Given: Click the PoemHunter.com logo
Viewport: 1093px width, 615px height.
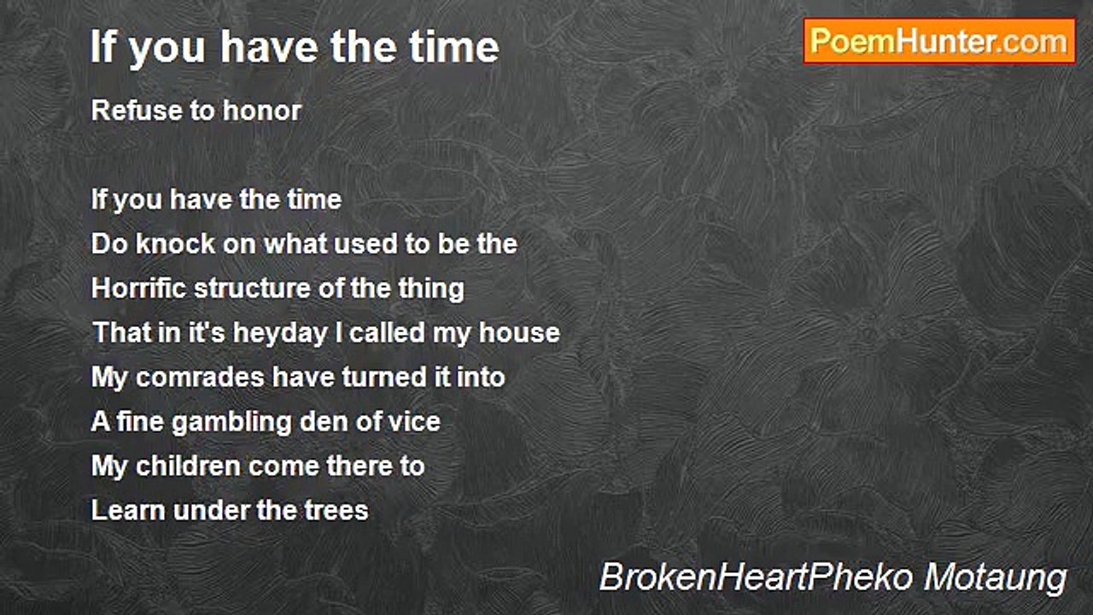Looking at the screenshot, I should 939,40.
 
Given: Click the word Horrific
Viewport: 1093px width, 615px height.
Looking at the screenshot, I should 139,289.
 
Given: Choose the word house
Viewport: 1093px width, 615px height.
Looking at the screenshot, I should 519,333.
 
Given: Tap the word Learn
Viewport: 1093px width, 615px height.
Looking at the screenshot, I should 128,511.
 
